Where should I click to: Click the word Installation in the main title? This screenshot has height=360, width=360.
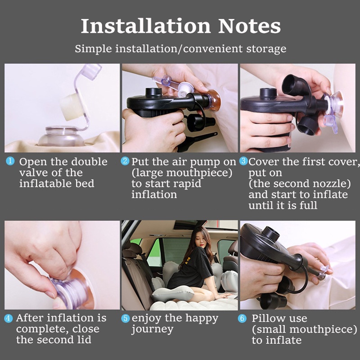(x=145, y=26)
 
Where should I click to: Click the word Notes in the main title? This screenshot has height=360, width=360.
(x=249, y=26)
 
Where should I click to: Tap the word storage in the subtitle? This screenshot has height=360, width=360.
(x=266, y=49)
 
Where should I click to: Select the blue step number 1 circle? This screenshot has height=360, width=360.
(x=10, y=161)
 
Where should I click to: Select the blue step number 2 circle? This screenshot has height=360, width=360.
(x=125, y=161)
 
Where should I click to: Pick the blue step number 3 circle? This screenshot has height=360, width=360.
(x=243, y=161)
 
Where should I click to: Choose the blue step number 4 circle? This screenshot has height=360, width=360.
(x=9, y=318)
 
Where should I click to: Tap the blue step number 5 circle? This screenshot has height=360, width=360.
(x=126, y=318)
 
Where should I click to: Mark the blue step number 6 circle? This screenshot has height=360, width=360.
(x=242, y=318)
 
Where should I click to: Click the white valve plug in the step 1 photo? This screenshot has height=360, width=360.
(x=71, y=107)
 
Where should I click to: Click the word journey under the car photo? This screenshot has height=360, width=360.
(x=152, y=329)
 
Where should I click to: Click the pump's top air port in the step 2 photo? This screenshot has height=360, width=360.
(x=153, y=92)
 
